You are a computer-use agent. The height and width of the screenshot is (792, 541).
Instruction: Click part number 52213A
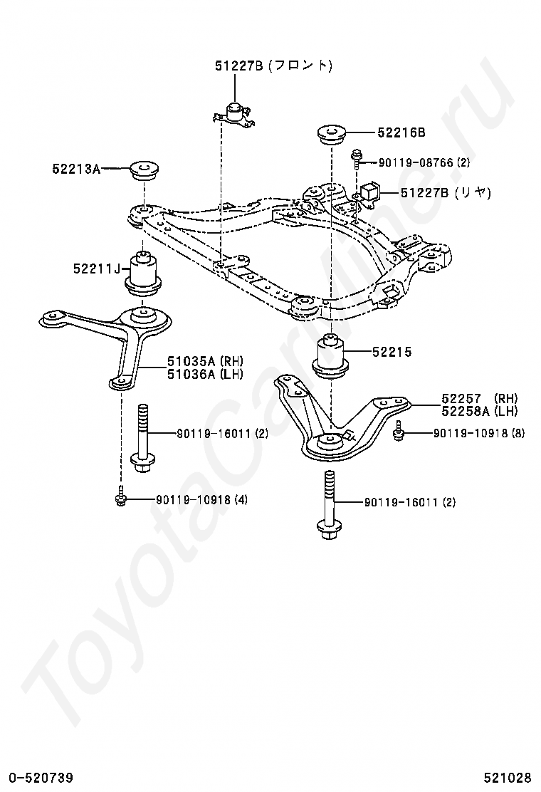coord(74,169)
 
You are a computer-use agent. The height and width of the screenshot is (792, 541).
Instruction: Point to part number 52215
coord(392,352)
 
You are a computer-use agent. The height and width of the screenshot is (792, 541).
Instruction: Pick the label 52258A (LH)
coord(479,411)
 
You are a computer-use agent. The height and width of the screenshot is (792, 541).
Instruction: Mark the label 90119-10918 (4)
coord(202,500)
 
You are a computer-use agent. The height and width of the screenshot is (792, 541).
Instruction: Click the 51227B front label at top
coord(274,66)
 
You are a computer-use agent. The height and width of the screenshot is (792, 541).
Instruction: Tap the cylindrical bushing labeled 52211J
coord(144,274)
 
